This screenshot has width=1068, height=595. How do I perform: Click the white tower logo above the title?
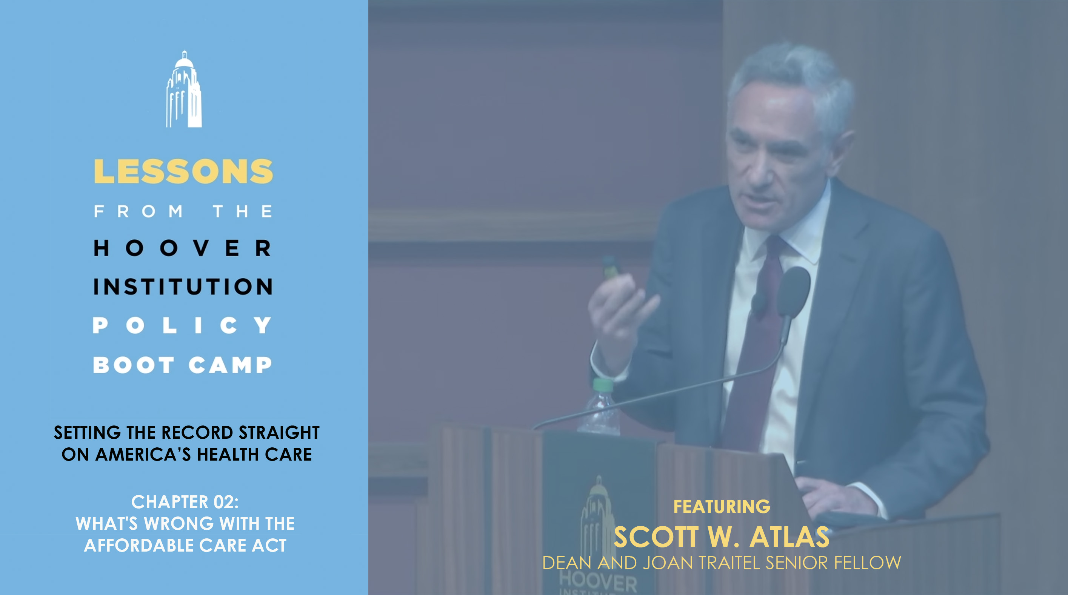(x=184, y=89)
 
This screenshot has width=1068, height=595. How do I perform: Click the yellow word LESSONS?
(x=183, y=171)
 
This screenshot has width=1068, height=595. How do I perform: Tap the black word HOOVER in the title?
(x=182, y=248)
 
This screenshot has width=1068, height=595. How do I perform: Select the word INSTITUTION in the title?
(x=183, y=287)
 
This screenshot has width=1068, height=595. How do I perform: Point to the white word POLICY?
(x=182, y=325)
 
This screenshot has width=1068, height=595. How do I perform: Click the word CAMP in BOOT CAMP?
(x=230, y=365)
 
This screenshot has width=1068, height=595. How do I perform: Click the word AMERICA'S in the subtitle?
(x=143, y=455)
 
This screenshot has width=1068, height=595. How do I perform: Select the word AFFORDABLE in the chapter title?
(x=134, y=545)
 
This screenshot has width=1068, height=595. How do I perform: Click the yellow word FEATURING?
(x=722, y=507)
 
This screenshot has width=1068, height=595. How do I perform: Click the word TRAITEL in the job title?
(x=731, y=563)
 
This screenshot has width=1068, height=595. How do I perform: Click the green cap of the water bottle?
(x=603, y=385)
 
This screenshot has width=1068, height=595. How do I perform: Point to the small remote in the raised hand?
(x=611, y=268)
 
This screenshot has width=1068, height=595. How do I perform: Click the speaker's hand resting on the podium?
(x=837, y=498)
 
